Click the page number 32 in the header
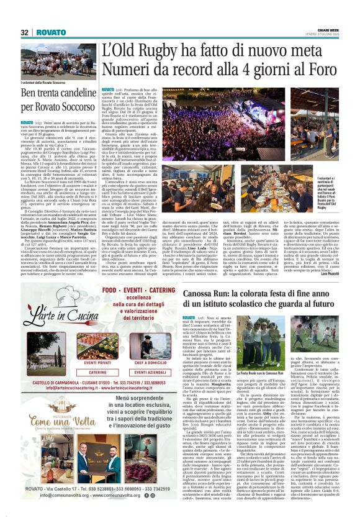[25, 32]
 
